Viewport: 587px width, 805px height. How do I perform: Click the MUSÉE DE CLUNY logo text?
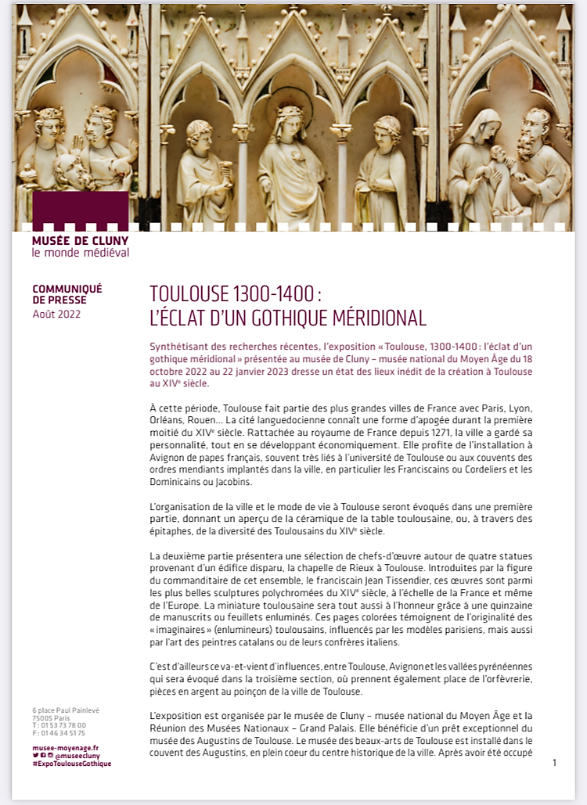pyautogui.click(x=80, y=241)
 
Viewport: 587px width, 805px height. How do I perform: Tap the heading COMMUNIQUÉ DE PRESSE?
pyautogui.click(x=67, y=294)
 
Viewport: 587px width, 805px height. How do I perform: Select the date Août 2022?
pyautogui.click(x=56, y=314)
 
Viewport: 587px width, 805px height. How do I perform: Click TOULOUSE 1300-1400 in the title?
pyautogui.click(x=232, y=294)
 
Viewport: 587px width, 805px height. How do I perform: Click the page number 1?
pyautogui.click(x=554, y=762)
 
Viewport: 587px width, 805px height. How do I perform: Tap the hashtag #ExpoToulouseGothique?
pyautogui.click(x=71, y=764)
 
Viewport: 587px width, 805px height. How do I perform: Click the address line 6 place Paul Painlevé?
pyautogui.click(x=67, y=710)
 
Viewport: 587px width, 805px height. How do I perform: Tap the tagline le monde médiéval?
pyautogui.click(x=81, y=253)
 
